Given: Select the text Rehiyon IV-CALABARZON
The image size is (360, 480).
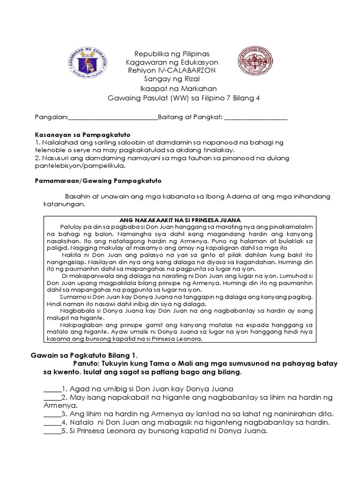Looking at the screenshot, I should [172, 70].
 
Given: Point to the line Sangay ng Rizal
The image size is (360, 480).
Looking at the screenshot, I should [172, 79].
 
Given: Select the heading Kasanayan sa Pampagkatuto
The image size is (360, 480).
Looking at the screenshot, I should [82, 134].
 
